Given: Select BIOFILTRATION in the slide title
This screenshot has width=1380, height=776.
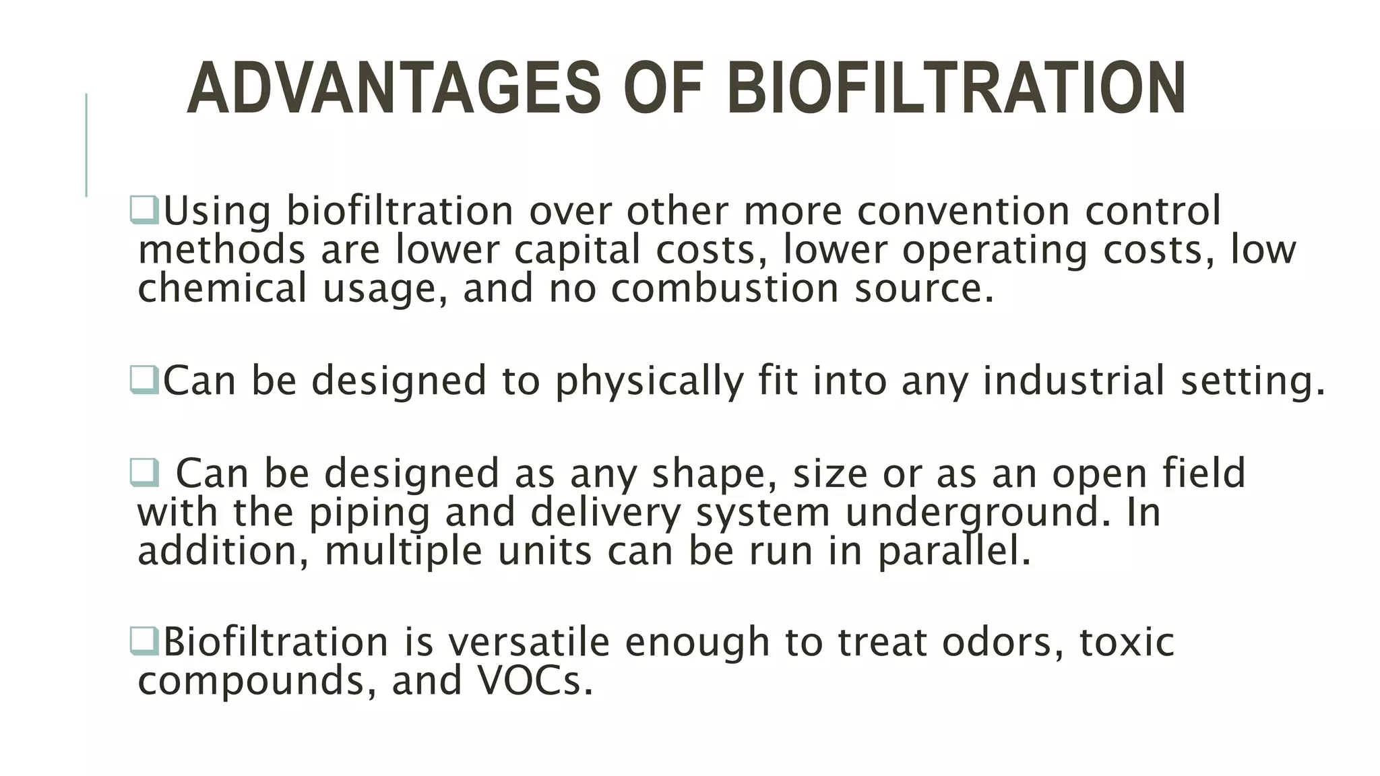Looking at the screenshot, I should (955, 88).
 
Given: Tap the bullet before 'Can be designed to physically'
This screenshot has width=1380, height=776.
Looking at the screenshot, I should (144, 380).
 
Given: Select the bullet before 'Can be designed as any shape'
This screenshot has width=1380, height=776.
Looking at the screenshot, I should (144, 472).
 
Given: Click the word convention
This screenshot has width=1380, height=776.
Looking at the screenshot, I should (963, 210).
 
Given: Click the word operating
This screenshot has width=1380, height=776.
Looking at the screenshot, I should (995, 251).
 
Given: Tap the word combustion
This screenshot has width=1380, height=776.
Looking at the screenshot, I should (726, 288).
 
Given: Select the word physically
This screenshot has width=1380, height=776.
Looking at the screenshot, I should (649, 381).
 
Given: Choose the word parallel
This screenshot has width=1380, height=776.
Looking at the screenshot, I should (953, 551).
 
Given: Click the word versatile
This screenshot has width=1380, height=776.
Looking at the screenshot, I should (529, 641).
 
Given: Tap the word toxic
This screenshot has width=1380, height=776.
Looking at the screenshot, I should (1127, 641).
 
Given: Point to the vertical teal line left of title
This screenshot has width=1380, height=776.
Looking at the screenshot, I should (86, 145).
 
